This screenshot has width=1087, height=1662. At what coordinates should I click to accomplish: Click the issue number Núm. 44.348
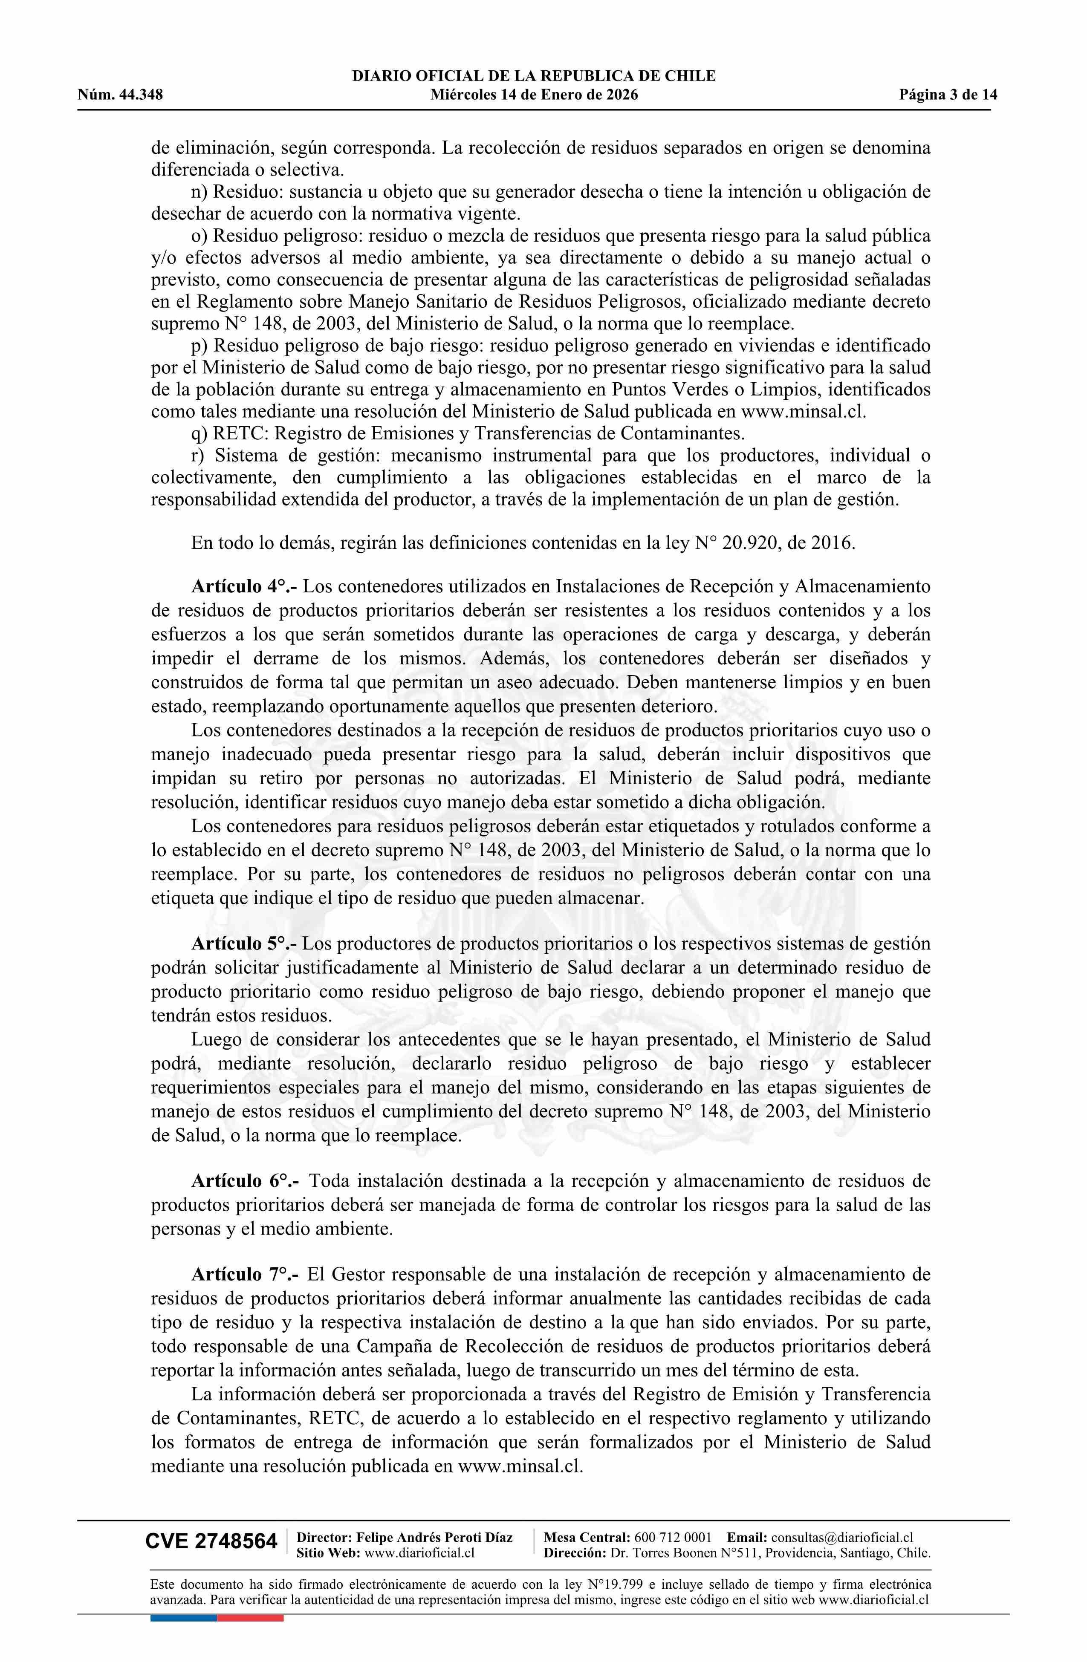[x=120, y=94]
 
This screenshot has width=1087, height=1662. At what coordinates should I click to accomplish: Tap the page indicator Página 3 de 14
[x=948, y=94]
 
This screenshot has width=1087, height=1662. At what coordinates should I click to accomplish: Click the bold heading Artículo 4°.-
[x=245, y=586]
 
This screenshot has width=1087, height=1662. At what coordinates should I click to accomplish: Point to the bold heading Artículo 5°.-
[x=245, y=944]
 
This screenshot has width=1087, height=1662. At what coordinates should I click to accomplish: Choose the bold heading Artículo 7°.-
[x=245, y=1275]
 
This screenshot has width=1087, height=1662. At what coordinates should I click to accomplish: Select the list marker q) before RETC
[x=200, y=434]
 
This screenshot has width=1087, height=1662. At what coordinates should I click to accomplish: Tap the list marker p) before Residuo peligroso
[x=200, y=346]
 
